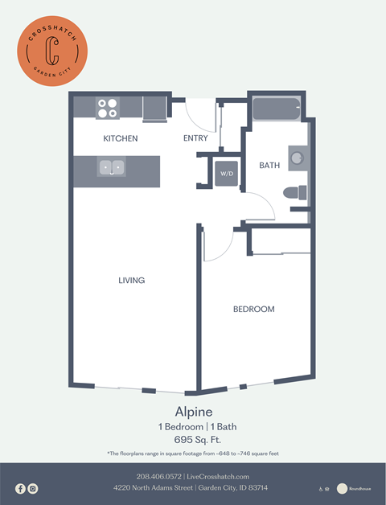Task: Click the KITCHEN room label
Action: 121,138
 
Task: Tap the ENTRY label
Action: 195,138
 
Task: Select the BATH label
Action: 269,166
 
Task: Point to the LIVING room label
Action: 131,281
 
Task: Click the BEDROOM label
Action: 254,310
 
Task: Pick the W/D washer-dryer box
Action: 226,173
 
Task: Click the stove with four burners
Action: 108,108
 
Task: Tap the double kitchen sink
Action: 112,167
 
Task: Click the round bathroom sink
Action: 297,158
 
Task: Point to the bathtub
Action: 277,109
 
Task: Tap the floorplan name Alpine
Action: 192,410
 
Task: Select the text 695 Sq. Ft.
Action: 192,439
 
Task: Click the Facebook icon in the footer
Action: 21,488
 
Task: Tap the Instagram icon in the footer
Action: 33,488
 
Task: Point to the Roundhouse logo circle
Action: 343,488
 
